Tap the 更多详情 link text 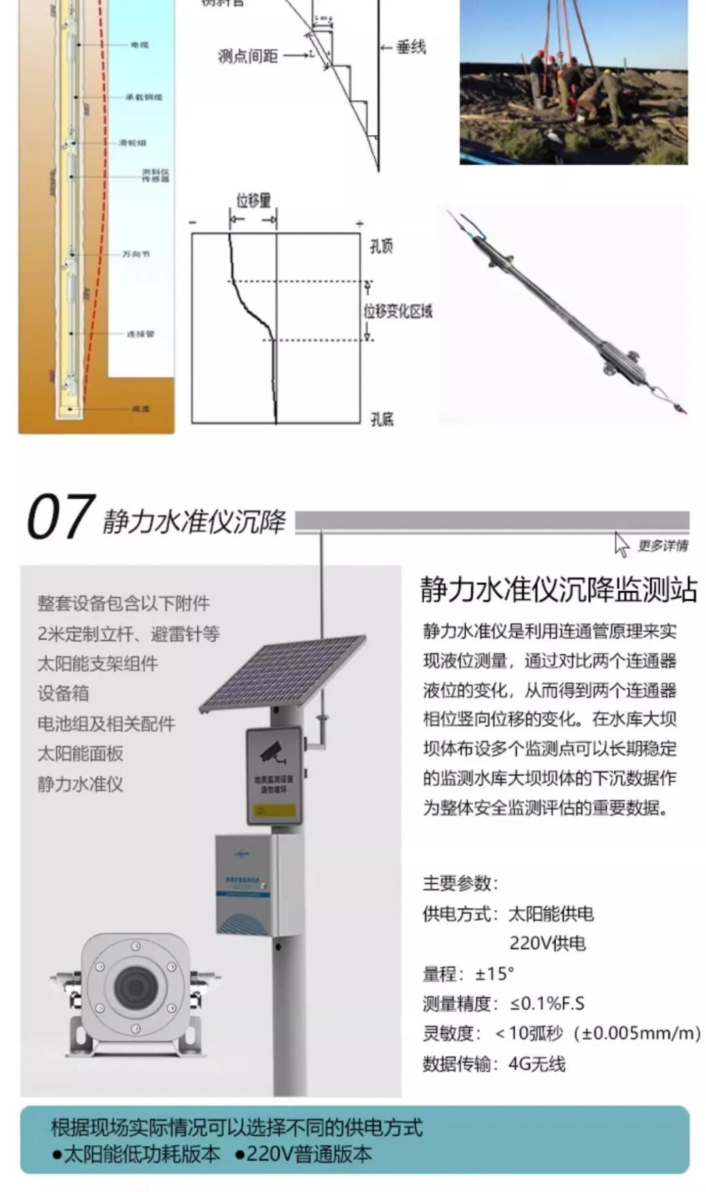(662, 545)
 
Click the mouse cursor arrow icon (621, 544)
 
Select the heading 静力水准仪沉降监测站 (559, 589)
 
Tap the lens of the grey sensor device (136, 986)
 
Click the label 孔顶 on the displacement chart (381, 246)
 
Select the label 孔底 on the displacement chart (382, 419)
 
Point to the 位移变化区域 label (399, 311)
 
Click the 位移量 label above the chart (253, 201)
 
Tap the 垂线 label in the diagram (411, 47)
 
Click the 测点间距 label (248, 56)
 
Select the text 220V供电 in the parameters (547, 943)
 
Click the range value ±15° (494, 974)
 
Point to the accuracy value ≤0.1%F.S (548, 1003)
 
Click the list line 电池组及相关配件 (106, 723)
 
